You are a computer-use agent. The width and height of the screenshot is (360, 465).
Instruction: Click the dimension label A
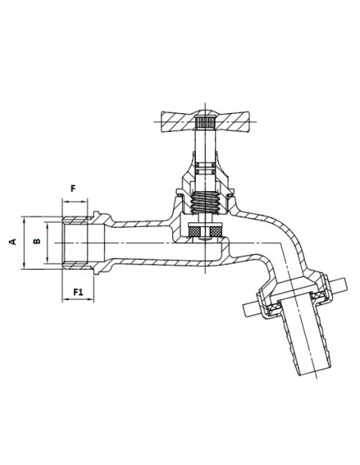[x=13, y=242]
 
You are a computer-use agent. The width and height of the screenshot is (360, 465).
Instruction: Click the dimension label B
[x=37, y=240]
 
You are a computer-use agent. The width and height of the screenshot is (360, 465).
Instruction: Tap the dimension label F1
[x=78, y=292]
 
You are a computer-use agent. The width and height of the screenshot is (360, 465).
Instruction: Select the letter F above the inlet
[x=73, y=189]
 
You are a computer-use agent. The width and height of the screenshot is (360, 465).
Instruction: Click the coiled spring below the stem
[x=205, y=202]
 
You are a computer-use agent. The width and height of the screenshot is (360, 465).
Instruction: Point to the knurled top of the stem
[x=205, y=122]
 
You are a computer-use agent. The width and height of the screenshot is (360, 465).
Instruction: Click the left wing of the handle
[x=178, y=122]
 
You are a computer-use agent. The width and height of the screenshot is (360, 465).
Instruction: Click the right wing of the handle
[x=232, y=122]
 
